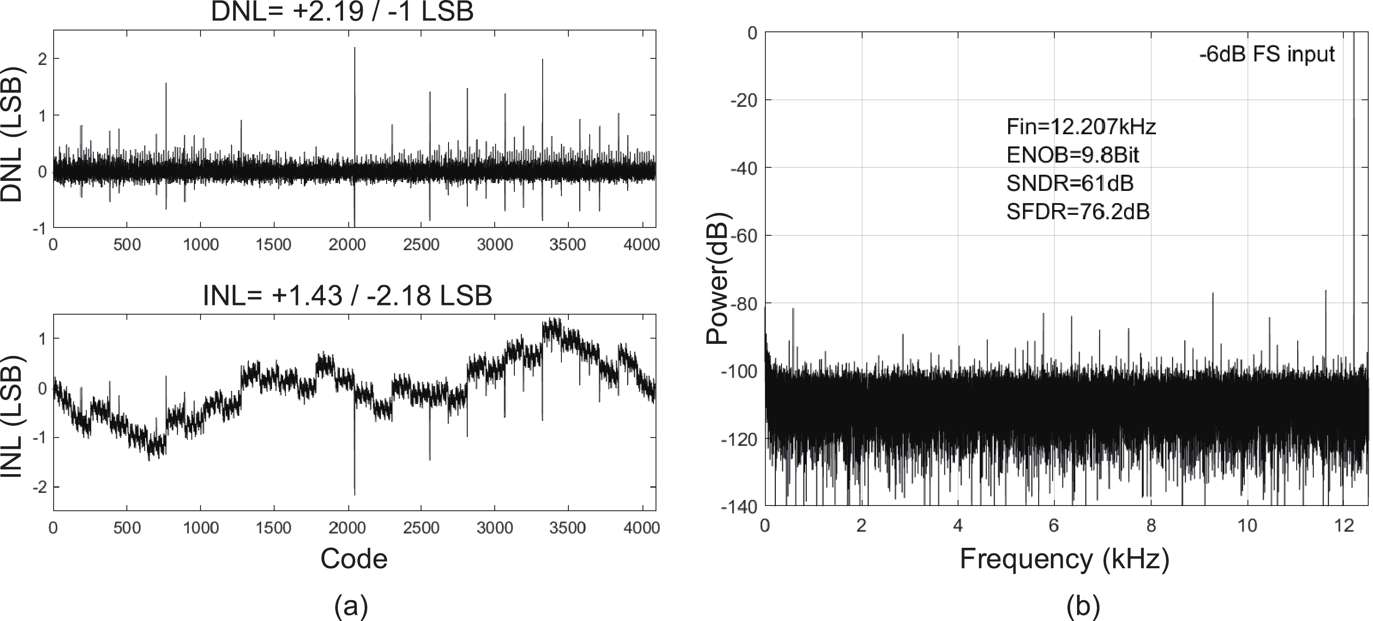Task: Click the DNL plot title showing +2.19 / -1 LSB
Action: (x=342, y=12)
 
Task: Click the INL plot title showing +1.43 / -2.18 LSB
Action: (x=347, y=295)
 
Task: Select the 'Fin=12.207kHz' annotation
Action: (x=1081, y=127)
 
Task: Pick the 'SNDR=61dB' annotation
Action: (x=1070, y=183)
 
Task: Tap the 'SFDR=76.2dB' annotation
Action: (x=1078, y=212)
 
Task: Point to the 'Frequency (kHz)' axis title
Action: (x=1064, y=559)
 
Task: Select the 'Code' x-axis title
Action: (x=353, y=559)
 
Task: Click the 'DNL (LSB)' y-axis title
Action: (x=12, y=134)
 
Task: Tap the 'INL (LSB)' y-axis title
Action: (x=12, y=416)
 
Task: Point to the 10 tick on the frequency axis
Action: (x=1247, y=526)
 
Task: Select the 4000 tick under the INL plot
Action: (x=642, y=528)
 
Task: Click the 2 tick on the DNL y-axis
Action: (x=42, y=59)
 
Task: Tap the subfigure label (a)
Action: (x=351, y=606)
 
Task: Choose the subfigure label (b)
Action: (x=1083, y=606)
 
